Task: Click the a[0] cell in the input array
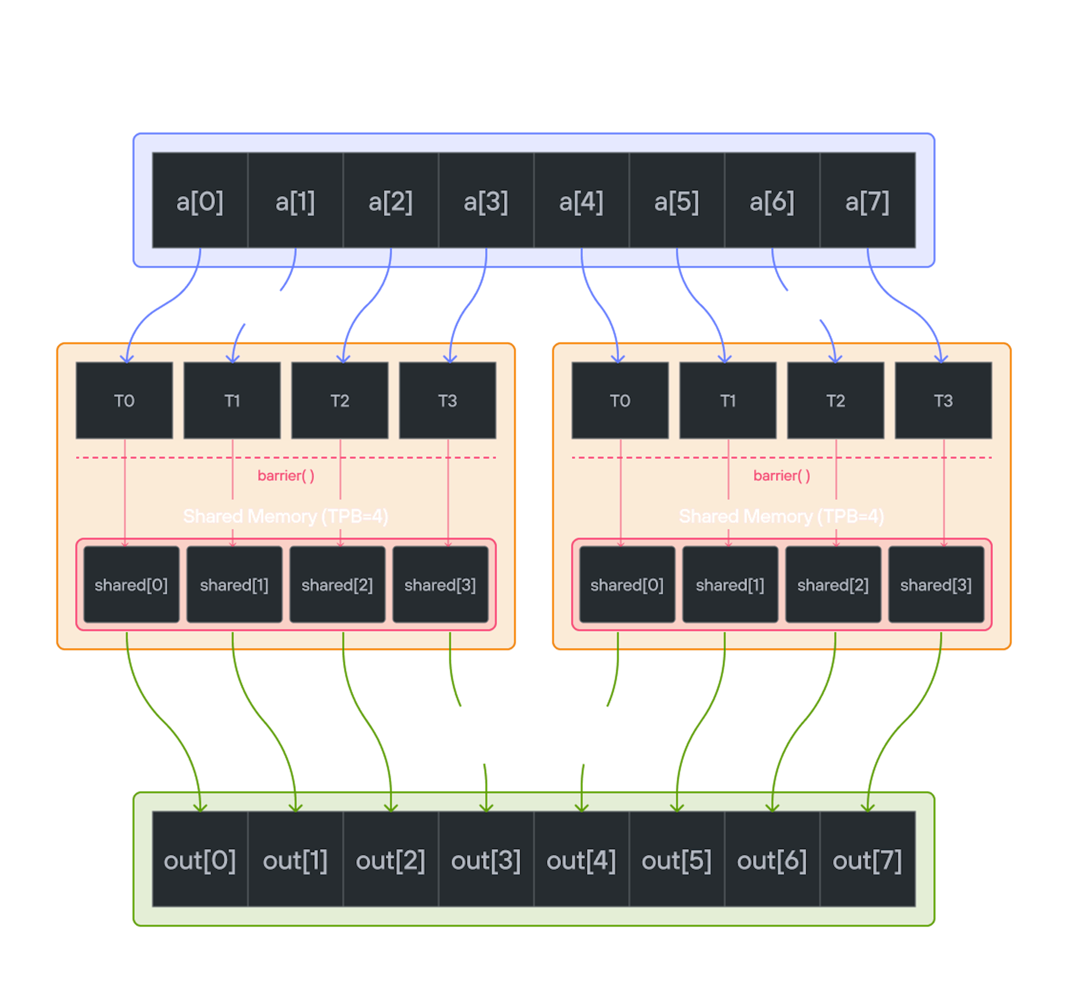tap(200, 201)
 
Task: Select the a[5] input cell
tap(677, 201)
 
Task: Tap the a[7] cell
tap(867, 201)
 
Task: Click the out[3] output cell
tap(485, 860)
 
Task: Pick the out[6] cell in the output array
tap(772, 860)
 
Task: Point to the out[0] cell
tap(200, 860)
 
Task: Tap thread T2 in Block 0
tap(340, 400)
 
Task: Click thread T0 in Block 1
tap(620, 400)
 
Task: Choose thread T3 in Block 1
tap(944, 400)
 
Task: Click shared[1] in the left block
tap(234, 584)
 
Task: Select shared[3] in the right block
tap(936, 584)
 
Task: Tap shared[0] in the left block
tap(131, 584)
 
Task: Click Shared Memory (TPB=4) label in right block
tap(781, 516)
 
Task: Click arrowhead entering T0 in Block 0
tap(126, 358)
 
